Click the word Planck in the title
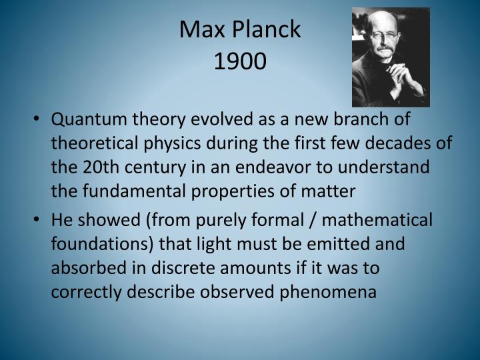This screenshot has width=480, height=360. coord(269,30)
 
